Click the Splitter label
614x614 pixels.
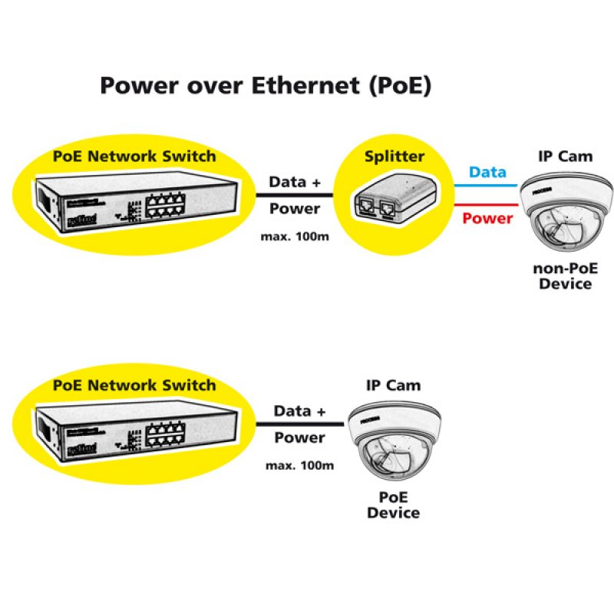tap(394, 157)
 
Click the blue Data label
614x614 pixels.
tap(488, 172)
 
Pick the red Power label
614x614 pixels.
tap(487, 219)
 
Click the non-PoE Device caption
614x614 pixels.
tap(565, 276)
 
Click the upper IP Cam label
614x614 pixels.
tap(565, 156)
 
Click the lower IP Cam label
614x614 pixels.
tap(393, 385)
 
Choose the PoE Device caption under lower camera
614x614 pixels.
tap(393, 504)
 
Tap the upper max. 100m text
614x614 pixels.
tap(295, 236)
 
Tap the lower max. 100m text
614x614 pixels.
tap(299, 465)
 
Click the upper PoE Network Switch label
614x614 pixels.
tap(134, 157)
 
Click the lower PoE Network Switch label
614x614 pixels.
tap(134, 385)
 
